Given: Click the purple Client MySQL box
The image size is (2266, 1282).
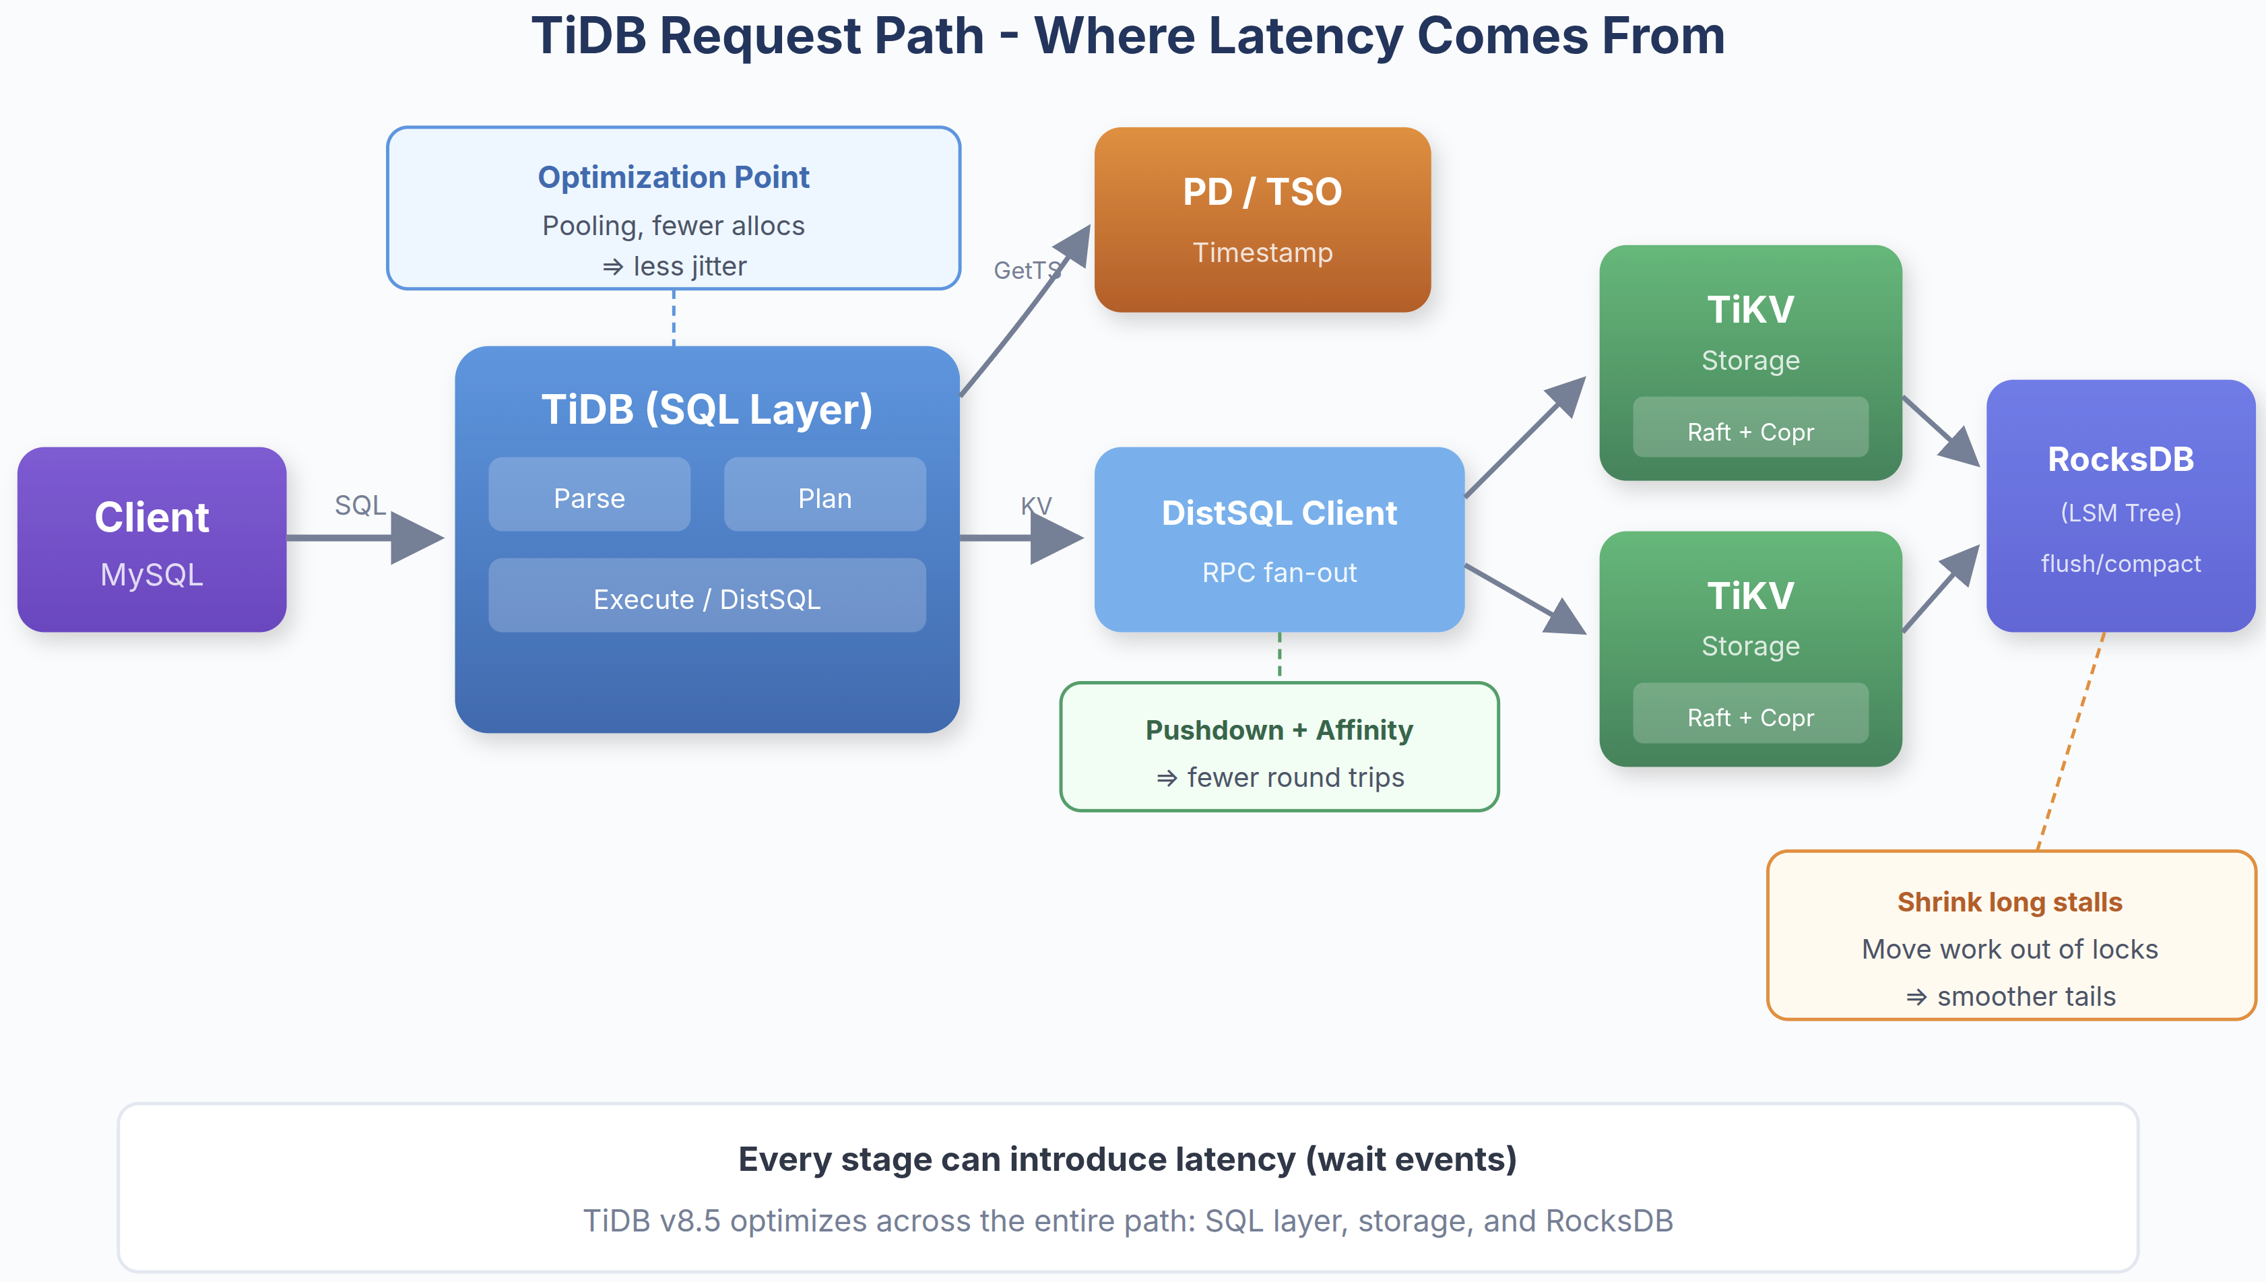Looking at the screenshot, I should coord(152,539).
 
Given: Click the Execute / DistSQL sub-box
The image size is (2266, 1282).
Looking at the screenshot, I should coord(706,599).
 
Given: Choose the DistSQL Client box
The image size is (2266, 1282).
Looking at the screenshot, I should coord(1278,539).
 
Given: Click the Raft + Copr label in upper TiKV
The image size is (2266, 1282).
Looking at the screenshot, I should coord(1749,431).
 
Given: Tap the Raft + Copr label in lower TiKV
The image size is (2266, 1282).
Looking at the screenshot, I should coord(1749,717).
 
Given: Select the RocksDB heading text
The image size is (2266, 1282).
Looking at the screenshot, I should coord(2120,459).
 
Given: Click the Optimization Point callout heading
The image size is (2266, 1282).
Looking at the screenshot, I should coord(674,177).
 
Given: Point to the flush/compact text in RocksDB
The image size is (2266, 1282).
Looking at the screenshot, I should coord(2120,563).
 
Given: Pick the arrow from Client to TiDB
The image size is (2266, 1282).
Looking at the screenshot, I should coord(352,537).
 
